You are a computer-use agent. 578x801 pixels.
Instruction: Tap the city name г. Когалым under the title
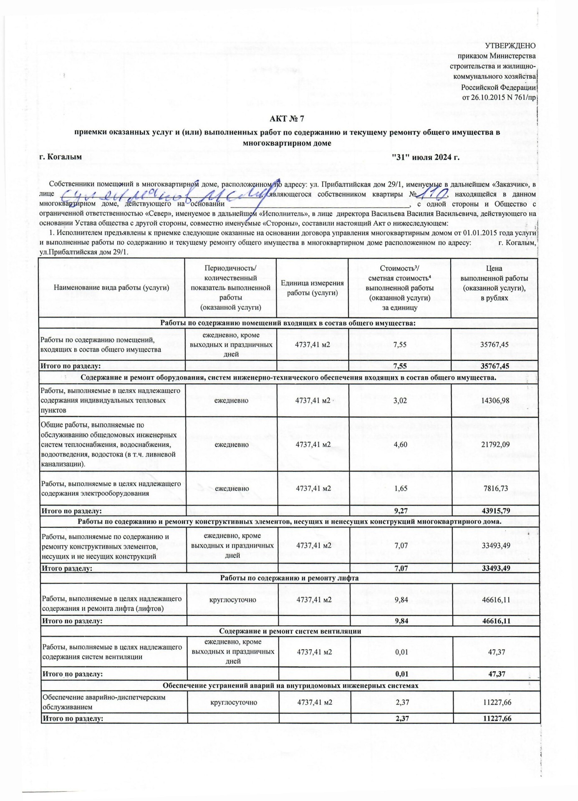click(61, 157)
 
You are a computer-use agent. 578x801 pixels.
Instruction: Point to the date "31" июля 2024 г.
click(426, 157)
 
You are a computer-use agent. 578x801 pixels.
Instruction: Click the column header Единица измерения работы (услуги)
click(312, 288)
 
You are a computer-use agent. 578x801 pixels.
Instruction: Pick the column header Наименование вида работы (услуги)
click(111, 287)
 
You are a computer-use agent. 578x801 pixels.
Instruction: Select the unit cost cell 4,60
click(400, 444)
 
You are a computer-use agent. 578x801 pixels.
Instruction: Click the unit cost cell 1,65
click(401, 488)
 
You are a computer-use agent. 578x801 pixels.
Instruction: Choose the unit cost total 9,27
click(401, 511)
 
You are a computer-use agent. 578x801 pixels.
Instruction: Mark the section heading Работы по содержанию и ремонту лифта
click(289, 578)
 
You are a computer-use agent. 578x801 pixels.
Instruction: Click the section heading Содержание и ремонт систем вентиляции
click(290, 631)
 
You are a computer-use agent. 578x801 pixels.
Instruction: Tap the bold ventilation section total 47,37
click(497, 674)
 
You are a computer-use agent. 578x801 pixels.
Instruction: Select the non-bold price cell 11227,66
click(497, 702)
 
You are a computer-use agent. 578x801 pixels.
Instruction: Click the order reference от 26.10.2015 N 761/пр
click(499, 98)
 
